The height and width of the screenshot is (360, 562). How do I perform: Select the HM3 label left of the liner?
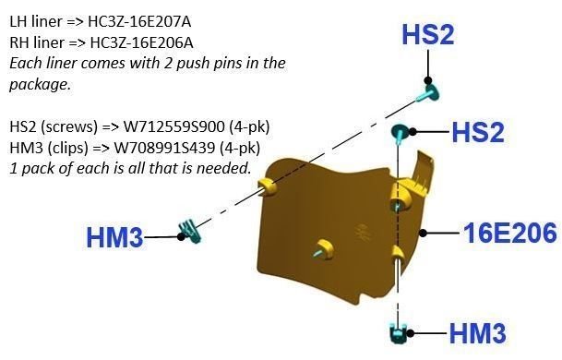[114, 238]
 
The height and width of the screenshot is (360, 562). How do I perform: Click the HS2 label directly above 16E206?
[478, 132]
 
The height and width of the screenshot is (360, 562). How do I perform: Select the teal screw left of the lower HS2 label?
[401, 130]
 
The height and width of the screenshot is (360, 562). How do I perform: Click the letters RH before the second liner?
[18, 42]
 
